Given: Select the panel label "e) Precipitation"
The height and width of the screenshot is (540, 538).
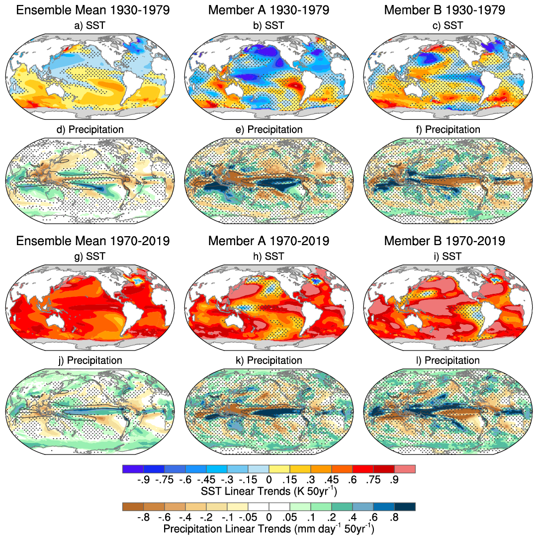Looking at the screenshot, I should point(269,129).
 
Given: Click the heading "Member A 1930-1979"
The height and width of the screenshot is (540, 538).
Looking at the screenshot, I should point(269,10).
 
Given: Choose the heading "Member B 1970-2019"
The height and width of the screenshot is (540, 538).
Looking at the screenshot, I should point(445,241).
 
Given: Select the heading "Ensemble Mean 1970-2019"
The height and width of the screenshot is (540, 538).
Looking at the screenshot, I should point(92,241).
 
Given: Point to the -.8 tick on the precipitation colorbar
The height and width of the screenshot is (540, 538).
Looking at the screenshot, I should point(143,517).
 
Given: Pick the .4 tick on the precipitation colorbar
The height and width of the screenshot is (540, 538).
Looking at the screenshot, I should point(352,517).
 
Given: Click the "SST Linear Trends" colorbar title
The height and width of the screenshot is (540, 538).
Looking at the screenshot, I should point(269,491).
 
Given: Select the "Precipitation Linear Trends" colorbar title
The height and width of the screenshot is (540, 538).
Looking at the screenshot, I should point(269,528).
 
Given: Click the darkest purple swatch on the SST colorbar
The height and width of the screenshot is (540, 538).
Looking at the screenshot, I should point(133,469).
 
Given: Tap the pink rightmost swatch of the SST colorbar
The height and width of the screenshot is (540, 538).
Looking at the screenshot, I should point(404,469).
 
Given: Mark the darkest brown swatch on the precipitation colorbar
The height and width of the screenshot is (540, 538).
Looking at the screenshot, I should point(133,506).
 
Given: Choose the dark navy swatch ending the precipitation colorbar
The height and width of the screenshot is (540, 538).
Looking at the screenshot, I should point(404,506).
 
